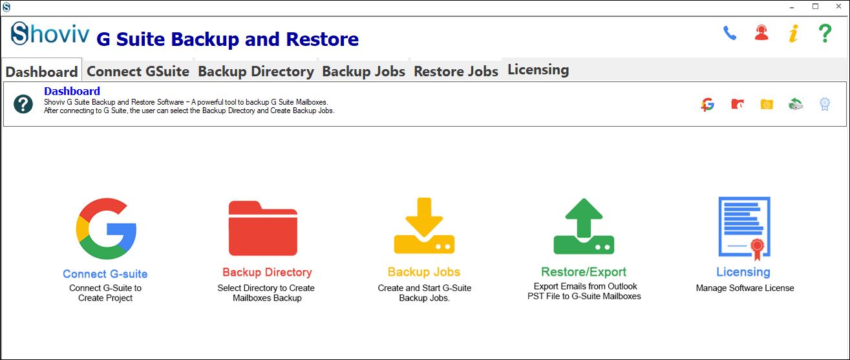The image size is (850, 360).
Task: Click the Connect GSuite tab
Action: pyautogui.click(x=138, y=71)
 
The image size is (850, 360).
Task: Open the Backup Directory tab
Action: pyautogui.click(x=256, y=71)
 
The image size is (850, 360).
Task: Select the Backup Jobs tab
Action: pyautogui.click(x=363, y=71)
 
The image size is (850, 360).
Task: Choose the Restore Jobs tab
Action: pyautogui.click(x=456, y=71)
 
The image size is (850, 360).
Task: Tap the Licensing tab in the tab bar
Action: pyautogui.click(x=538, y=69)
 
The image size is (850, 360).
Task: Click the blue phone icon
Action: pyautogui.click(x=729, y=34)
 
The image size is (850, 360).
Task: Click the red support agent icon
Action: pyautogui.click(x=761, y=32)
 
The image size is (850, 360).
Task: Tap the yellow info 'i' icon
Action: pyautogui.click(x=794, y=34)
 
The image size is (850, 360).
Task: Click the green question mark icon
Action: pyautogui.click(x=825, y=34)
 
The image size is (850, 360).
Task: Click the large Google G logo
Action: pyautogui.click(x=106, y=229)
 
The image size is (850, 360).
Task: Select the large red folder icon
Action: pyautogui.click(x=262, y=228)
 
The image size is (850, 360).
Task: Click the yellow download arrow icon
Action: pyautogui.click(x=424, y=226)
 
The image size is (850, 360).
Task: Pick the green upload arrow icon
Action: pyautogui.click(x=584, y=226)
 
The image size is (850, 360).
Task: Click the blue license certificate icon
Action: pyautogui.click(x=744, y=228)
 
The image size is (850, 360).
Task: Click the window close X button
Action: pyautogui.click(x=838, y=6)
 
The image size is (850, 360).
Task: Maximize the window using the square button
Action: pyautogui.click(x=815, y=6)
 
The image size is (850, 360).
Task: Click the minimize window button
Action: pyautogui.click(x=792, y=7)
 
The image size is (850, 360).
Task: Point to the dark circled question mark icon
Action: pyautogui.click(x=23, y=104)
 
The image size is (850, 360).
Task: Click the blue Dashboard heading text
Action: pyautogui.click(x=72, y=91)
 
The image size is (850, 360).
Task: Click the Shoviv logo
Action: pyautogui.click(x=50, y=34)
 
